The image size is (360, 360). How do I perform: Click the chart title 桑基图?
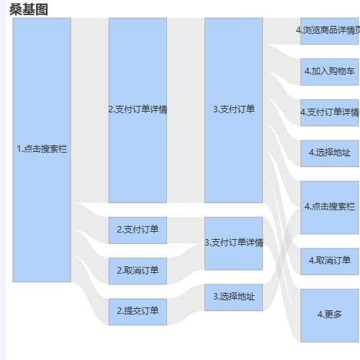click(29, 10)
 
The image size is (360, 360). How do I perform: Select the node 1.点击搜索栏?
click(42, 150)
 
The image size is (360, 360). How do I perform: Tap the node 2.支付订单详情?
click(138, 110)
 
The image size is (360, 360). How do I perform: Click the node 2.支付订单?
click(138, 230)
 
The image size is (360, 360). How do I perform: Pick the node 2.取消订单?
click(138, 271)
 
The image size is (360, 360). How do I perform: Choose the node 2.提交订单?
click(138, 312)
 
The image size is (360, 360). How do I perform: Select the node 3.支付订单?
click(234, 110)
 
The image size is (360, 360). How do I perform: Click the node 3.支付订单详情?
click(234, 243)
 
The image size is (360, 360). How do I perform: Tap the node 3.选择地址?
click(234, 297)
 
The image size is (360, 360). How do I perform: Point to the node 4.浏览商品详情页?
click(330, 31)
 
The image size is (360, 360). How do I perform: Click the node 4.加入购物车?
click(330, 72)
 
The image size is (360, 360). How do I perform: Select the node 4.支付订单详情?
click(330, 113)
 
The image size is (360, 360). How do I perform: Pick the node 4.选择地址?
click(330, 153)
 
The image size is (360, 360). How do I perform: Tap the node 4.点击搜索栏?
click(330, 207)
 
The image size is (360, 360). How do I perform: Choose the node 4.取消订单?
click(330, 261)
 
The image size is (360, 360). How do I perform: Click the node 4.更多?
click(330, 315)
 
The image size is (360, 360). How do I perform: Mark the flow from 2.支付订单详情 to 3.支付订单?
click(186, 110)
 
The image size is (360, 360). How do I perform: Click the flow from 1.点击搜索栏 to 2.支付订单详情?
click(90, 110)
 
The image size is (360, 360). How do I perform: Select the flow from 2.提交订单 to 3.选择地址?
click(186, 312)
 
